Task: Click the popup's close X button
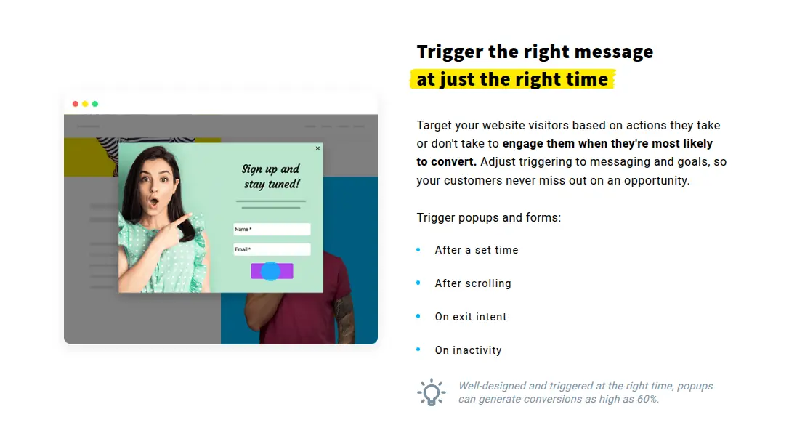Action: pyautogui.click(x=317, y=148)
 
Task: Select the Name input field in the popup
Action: pyautogui.click(x=272, y=229)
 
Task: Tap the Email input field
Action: pyautogui.click(x=272, y=249)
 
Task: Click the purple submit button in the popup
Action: pyautogui.click(x=272, y=271)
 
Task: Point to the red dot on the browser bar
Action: pyautogui.click(x=76, y=104)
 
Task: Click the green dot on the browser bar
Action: pyautogui.click(x=95, y=104)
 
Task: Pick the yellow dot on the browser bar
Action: pyautogui.click(x=85, y=104)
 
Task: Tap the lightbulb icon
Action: pyautogui.click(x=432, y=392)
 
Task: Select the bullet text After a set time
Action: pyautogui.click(x=477, y=250)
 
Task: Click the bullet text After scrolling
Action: pyautogui.click(x=473, y=283)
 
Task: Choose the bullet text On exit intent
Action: pyautogui.click(x=471, y=317)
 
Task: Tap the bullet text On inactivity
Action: pyautogui.click(x=469, y=350)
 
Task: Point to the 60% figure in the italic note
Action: pyautogui.click(x=647, y=399)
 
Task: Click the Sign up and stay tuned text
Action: pyautogui.click(x=271, y=177)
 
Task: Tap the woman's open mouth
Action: pyautogui.click(x=153, y=203)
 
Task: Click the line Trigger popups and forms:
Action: pyautogui.click(x=489, y=217)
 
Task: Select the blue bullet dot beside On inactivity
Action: pyautogui.click(x=418, y=349)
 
